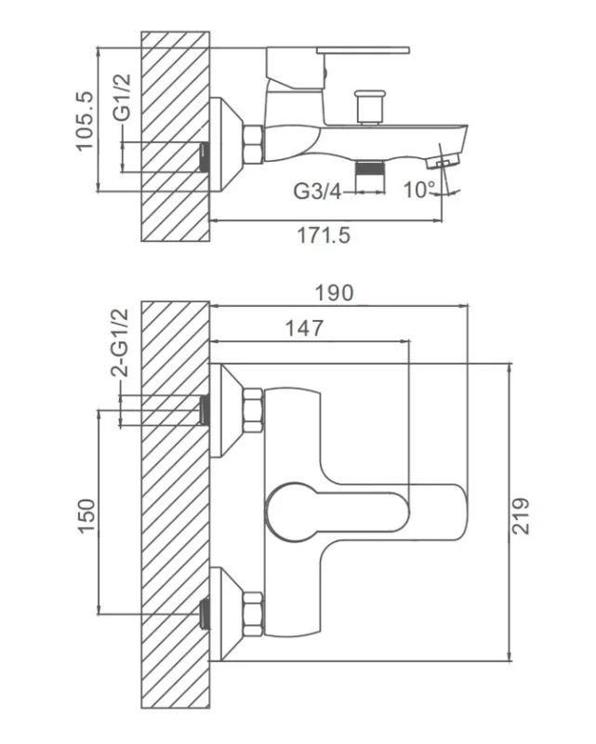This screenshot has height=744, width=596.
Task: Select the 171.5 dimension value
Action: point(324,235)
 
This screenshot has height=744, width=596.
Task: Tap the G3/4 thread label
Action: point(319,192)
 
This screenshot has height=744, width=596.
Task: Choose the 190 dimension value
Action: point(335,293)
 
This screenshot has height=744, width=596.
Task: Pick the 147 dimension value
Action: point(304,327)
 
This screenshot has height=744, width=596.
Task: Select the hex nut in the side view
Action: point(254,145)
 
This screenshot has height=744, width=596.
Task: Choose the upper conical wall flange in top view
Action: point(227,411)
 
